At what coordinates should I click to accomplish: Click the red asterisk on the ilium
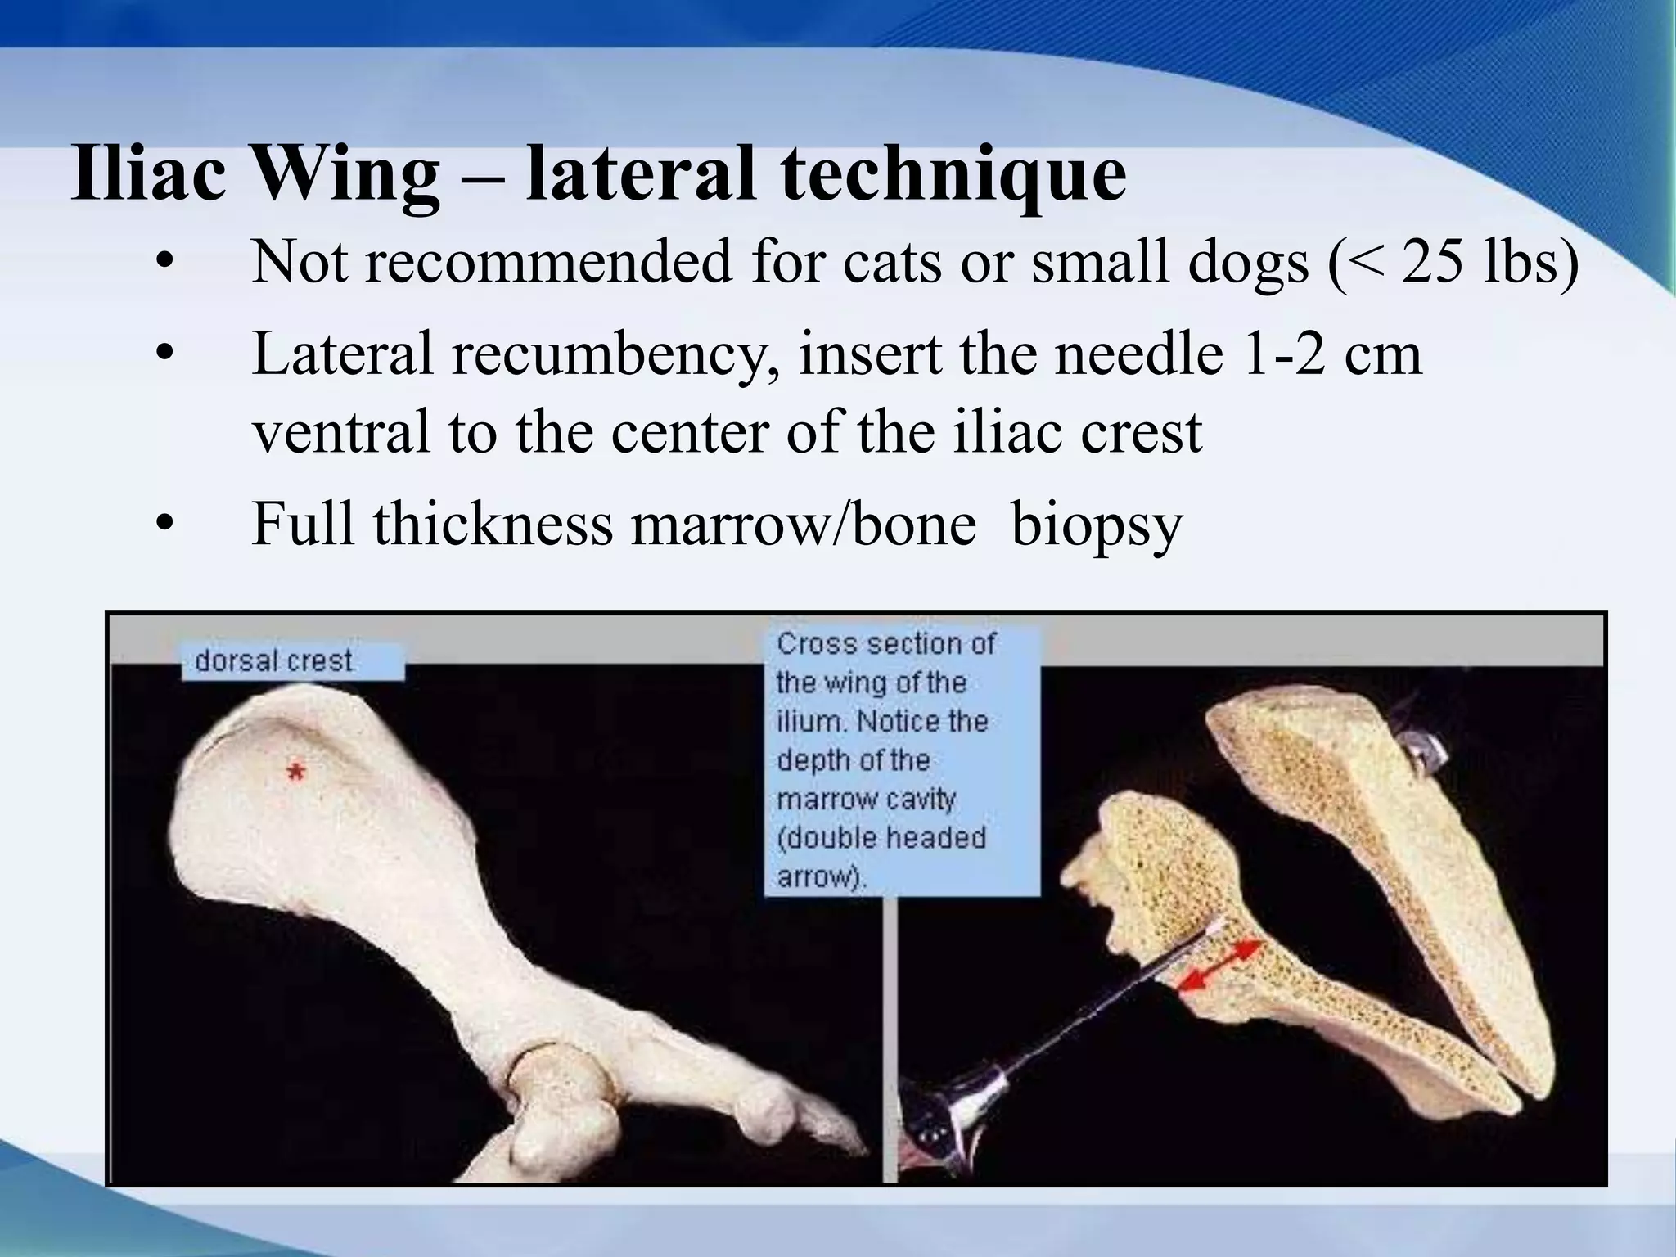point(295,771)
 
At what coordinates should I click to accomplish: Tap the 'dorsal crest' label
point(274,660)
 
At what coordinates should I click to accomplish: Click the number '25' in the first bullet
point(1431,262)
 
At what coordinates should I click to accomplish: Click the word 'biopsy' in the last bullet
point(1097,524)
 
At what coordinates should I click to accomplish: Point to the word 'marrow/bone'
point(803,524)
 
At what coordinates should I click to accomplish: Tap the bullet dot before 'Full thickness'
point(166,524)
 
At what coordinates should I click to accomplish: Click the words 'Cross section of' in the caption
point(885,644)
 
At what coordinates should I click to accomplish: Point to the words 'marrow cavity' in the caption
point(866,799)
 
